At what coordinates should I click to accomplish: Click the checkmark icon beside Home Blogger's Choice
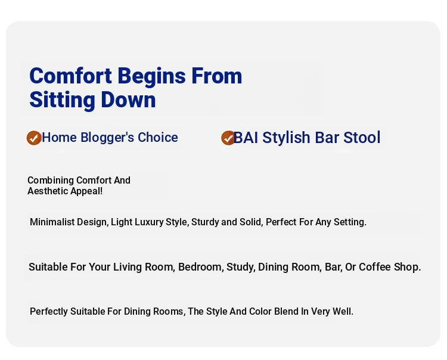click(x=34, y=138)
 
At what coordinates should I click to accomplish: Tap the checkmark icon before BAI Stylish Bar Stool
click(x=228, y=138)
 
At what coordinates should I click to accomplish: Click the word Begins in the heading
click(x=151, y=77)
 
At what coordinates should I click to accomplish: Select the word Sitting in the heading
click(x=62, y=100)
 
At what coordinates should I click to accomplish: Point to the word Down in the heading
click(x=128, y=100)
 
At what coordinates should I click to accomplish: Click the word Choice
click(x=158, y=138)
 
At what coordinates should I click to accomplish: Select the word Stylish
click(x=287, y=138)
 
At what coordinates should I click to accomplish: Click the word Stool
click(x=362, y=138)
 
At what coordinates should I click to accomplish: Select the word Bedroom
click(x=201, y=267)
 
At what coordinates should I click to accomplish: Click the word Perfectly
click(x=49, y=312)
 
